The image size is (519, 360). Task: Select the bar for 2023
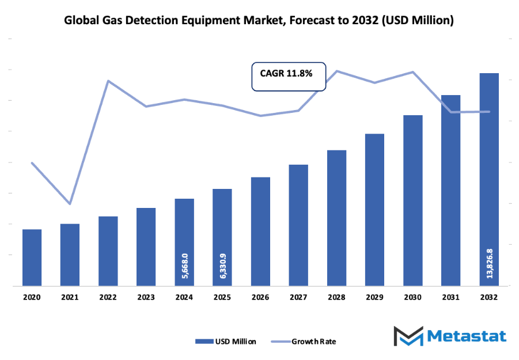click(146, 247)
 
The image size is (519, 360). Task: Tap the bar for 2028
click(336, 218)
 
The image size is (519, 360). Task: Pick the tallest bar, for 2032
click(489, 179)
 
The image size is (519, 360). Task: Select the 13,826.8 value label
click(490, 262)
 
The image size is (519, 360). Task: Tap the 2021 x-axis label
click(70, 298)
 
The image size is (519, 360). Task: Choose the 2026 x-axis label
click(260, 298)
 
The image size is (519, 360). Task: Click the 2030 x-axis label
click(412, 298)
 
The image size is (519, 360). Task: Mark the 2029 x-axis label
click(374, 298)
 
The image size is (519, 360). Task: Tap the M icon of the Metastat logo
click(408, 336)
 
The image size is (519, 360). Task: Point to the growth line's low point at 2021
click(70, 204)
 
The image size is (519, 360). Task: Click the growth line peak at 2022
click(108, 81)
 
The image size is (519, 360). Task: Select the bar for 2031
click(451, 190)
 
